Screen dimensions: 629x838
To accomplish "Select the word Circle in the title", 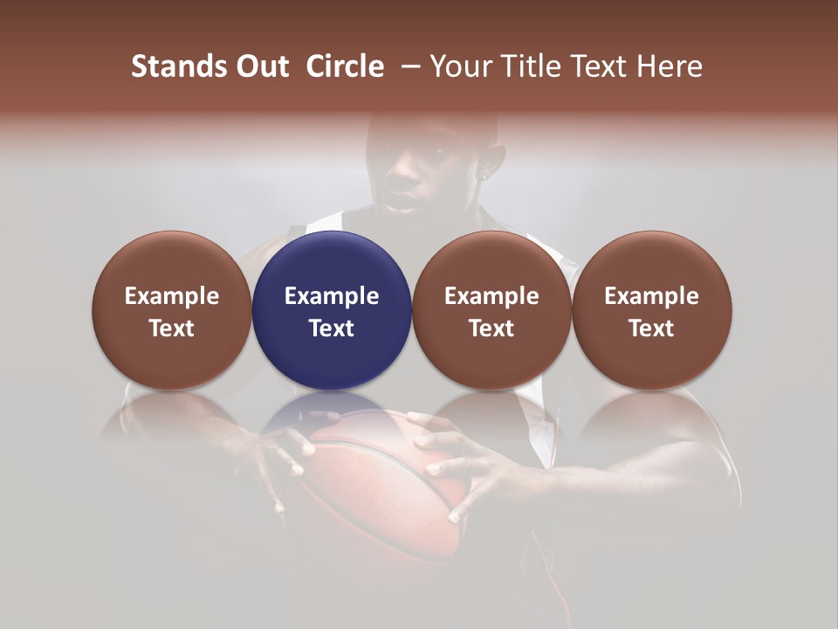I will [x=345, y=66].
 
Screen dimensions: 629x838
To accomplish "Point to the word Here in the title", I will [x=670, y=66].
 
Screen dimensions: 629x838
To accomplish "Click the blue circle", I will [x=332, y=310].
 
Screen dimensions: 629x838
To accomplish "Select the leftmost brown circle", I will [x=172, y=310].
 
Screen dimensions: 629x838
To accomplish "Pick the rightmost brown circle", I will [x=651, y=310].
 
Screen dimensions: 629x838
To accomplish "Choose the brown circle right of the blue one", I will [x=491, y=310].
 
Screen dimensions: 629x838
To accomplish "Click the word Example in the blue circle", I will [x=332, y=296].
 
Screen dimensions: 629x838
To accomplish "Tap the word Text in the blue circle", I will [x=332, y=328].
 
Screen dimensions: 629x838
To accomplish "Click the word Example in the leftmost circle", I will [x=172, y=296].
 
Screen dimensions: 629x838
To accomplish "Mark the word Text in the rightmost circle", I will [x=651, y=328].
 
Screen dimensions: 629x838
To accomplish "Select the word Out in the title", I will [x=261, y=66].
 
